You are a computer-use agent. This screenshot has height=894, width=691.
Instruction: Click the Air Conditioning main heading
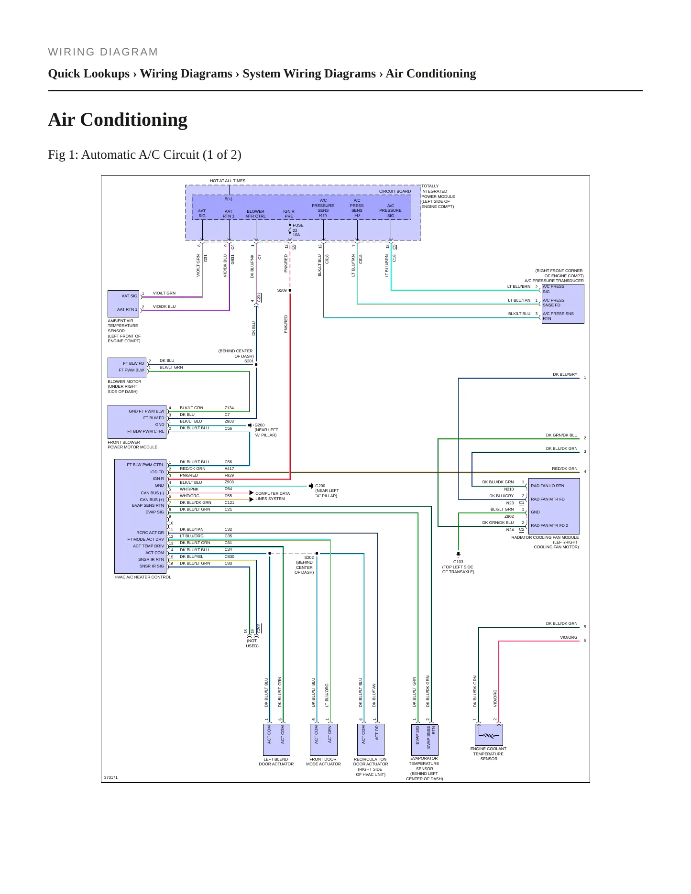click(x=118, y=120)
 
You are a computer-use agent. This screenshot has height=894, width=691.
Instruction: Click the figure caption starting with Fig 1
click(x=144, y=154)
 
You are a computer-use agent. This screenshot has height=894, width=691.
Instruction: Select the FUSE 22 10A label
click(x=298, y=230)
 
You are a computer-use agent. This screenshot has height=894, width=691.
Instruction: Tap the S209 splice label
click(x=282, y=290)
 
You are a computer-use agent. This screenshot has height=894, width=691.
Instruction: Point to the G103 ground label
click(x=458, y=562)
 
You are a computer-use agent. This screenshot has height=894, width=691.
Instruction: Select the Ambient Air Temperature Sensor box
click(x=123, y=303)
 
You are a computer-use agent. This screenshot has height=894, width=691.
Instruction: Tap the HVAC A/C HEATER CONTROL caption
click(x=143, y=577)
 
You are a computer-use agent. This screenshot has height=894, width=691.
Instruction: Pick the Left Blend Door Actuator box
click(x=276, y=740)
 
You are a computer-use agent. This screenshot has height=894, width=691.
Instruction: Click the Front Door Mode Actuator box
click(x=323, y=740)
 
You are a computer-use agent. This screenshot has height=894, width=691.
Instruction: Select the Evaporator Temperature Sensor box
click(x=425, y=740)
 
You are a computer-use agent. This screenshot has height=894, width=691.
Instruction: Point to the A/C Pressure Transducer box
click(x=563, y=304)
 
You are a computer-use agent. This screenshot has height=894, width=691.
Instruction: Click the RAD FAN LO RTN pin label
click(x=547, y=486)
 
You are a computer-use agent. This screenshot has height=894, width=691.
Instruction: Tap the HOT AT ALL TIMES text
click(x=228, y=181)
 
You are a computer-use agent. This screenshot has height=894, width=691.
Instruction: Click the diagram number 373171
click(x=111, y=777)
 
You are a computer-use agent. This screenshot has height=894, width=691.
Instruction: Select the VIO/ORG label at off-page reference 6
click(x=569, y=637)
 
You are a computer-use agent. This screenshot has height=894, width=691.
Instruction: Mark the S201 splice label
click(x=249, y=361)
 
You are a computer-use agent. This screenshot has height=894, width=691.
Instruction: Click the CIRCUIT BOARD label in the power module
click(x=395, y=191)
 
